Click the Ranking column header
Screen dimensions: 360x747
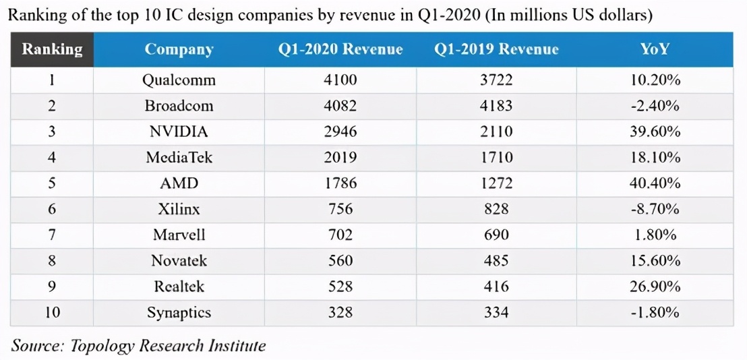tap(52, 49)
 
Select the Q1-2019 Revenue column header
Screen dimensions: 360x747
tap(496, 49)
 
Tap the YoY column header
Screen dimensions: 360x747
tap(655, 49)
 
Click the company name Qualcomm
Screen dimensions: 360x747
tap(179, 80)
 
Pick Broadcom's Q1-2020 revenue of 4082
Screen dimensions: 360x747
tap(340, 106)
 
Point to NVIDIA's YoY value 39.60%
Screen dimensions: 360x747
tap(655, 131)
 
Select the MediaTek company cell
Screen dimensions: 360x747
tap(179, 158)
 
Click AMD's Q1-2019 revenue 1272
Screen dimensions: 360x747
tap(496, 183)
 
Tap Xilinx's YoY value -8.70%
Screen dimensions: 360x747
tap(655, 209)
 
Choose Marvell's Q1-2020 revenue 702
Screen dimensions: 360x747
tap(340, 235)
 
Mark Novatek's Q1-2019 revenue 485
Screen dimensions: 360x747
tap(496, 261)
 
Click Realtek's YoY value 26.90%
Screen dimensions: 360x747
tap(655, 287)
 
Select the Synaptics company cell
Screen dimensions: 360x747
tap(179, 313)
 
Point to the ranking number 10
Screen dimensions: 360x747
tap(52, 313)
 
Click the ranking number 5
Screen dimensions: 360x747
tap(52, 183)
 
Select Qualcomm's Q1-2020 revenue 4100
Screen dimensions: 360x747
tap(340, 80)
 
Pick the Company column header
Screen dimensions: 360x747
tap(179, 49)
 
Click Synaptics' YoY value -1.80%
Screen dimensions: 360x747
tap(655, 313)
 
